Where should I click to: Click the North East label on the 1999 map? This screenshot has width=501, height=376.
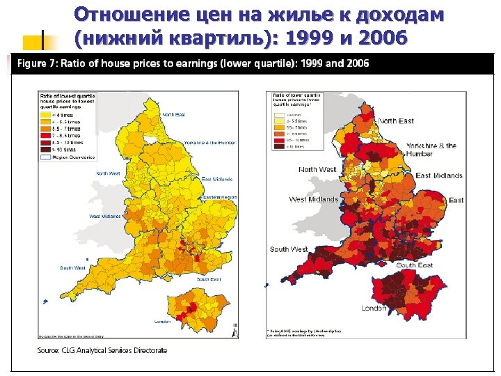pyautogui.click(x=173, y=114)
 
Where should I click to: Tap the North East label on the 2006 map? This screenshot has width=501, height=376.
pyautogui.click(x=396, y=121)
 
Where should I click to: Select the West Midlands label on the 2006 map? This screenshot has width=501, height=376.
pyautogui.click(x=313, y=200)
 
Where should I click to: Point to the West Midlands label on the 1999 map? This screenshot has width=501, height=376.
pyautogui.click(x=104, y=217)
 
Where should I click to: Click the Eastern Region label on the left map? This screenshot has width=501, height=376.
pyautogui.click(x=220, y=198)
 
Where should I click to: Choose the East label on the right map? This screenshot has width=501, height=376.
pyautogui.click(x=456, y=201)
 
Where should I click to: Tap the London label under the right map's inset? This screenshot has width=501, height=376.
pyautogui.click(x=374, y=308)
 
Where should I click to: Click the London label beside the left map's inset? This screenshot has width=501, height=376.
pyautogui.click(x=163, y=321)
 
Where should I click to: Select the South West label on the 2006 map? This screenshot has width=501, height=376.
pyautogui.click(x=289, y=249)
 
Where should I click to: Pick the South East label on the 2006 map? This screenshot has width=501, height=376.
pyautogui.click(x=415, y=265)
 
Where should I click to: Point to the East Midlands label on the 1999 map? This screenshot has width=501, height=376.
pyautogui.click(x=216, y=180)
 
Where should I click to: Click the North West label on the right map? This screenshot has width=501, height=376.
pyautogui.click(x=317, y=169)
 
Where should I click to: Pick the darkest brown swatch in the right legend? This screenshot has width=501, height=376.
pyautogui.click(x=278, y=147)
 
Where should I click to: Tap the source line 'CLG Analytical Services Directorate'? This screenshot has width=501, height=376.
pyautogui.click(x=102, y=350)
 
